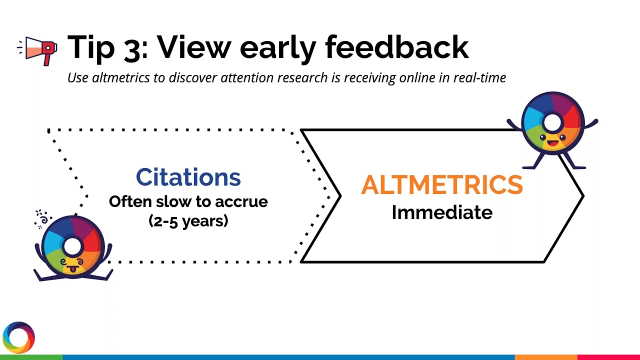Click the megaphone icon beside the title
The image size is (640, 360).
[x=38, y=49]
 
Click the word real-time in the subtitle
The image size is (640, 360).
[x=479, y=78]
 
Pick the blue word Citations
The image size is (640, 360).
[x=188, y=177]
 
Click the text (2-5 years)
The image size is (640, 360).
[x=188, y=220]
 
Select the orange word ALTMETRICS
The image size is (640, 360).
[x=442, y=185]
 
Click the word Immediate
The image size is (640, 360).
[x=442, y=212]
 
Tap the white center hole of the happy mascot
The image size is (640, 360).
[x=552, y=121]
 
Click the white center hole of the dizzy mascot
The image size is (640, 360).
[x=72, y=245]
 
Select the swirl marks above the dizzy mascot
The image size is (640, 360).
[x=43, y=218]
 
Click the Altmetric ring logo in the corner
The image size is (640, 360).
[x=18, y=337]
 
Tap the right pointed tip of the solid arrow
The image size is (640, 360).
[x=582, y=195]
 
